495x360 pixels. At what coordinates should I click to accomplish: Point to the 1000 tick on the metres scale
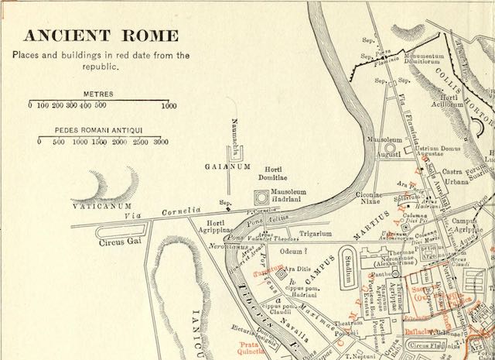click(168, 105)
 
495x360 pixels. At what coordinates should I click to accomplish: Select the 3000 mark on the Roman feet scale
click(161, 142)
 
